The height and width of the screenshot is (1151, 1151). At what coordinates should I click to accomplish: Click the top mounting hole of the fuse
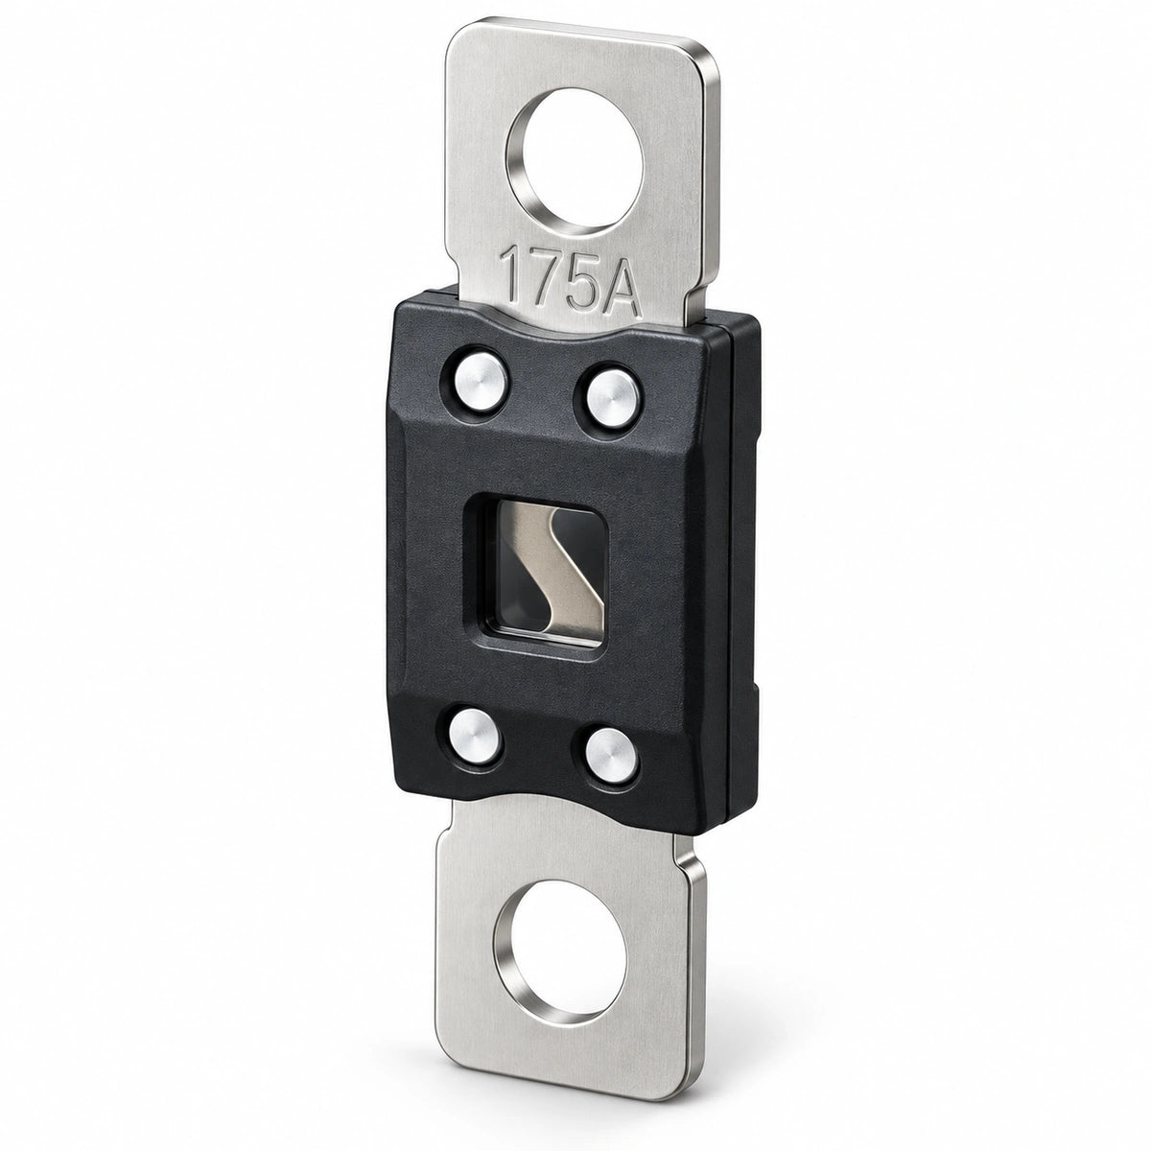pyautogui.click(x=575, y=160)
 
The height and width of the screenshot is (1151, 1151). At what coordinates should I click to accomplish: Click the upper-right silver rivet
pyautogui.click(x=610, y=398)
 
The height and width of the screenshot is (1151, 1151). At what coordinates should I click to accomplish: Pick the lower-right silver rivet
pyautogui.click(x=609, y=753)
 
